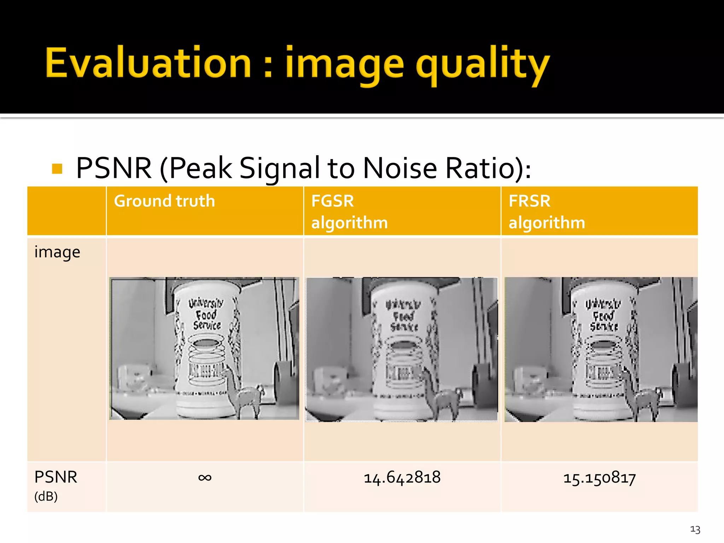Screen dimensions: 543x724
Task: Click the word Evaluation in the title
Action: click(x=148, y=63)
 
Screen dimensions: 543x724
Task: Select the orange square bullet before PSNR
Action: click(x=57, y=169)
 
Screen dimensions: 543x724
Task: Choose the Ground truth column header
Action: click(x=164, y=201)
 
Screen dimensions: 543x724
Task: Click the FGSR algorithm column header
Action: click(x=349, y=211)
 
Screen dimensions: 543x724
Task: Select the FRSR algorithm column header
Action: click(x=547, y=211)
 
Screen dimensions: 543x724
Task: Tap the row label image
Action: click(x=57, y=252)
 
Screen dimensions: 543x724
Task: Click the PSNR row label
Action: click(x=56, y=477)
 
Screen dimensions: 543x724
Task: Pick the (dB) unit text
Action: click(x=46, y=497)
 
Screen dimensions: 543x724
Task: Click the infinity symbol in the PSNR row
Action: click(x=205, y=478)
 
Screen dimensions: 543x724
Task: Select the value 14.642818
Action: click(x=402, y=478)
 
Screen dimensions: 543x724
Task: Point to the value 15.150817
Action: click(x=600, y=478)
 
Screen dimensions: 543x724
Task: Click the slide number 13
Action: click(x=695, y=529)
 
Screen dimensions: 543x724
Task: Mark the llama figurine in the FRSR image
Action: click(x=642, y=394)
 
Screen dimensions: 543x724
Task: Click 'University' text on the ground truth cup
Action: click(x=206, y=303)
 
